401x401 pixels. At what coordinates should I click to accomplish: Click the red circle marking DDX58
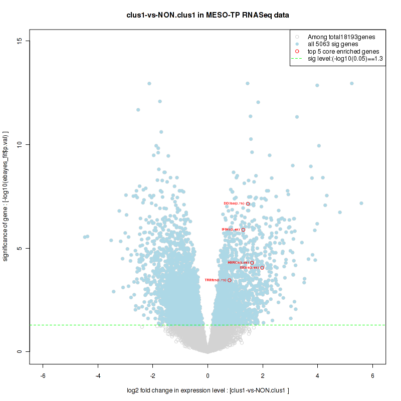coord(248,204)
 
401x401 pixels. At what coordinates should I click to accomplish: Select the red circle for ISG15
coord(262,268)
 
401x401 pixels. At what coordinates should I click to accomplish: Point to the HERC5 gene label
coord(238,263)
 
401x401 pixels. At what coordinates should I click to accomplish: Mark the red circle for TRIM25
coord(230,280)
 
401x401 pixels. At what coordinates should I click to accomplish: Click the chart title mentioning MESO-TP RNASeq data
coord(208,15)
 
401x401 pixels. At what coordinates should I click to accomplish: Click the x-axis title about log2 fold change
coord(208,390)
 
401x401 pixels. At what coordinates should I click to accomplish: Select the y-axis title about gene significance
coord(7,196)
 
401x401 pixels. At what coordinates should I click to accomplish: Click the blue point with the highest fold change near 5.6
coord(361,203)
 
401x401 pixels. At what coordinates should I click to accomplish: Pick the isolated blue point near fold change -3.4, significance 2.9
coord(114,291)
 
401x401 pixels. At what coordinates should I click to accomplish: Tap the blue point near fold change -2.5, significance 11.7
coord(138,110)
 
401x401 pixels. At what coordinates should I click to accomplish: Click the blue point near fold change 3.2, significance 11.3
coord(297,117)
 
